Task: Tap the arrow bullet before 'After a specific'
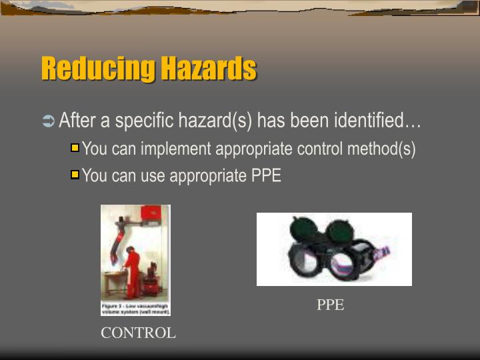[48, 121]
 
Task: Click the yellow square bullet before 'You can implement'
[75, 148]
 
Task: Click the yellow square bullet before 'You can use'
[75, 175]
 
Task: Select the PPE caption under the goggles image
[330, 305]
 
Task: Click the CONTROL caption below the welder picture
[138, 333]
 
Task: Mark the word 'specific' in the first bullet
[146, 121]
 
